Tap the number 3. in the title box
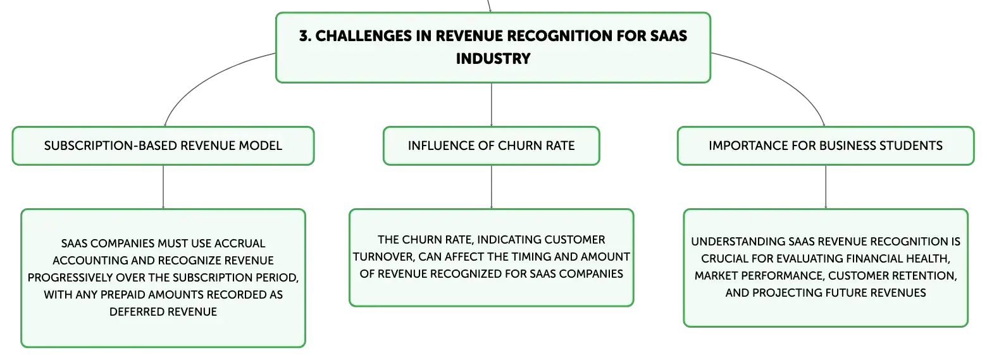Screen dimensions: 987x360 305,35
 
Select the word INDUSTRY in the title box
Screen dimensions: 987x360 493,59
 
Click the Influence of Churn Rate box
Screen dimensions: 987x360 492,146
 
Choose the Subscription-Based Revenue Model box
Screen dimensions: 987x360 163,146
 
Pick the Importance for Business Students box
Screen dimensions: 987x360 826,146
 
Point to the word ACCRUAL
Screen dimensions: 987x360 240,243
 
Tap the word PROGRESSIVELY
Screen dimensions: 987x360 70,278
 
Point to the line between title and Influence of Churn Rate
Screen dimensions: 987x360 492,105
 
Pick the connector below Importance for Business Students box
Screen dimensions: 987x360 826,187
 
